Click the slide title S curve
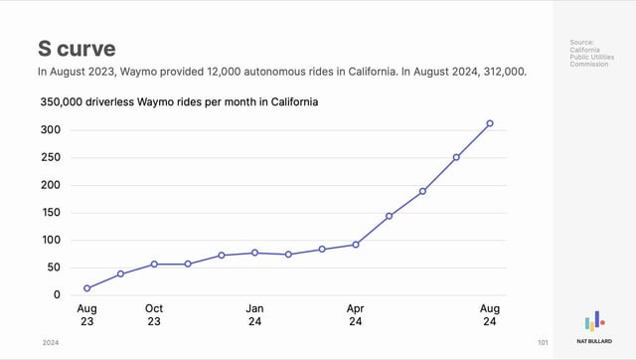(x=77, y=49)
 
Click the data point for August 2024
(x=490, y=123)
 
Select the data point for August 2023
(x=87, y=288)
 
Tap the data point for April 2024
(x=356, y=245)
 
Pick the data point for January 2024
(x=254, y=253)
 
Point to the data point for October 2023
(x=154, y=265)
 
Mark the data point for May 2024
(x=389, y=216)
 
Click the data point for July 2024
(x=456, y=157)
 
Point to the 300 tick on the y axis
(x=51, y=130)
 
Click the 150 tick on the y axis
(x=51, y=213)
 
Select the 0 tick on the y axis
(x=57, y=295)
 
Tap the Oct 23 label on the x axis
(x=154, y=315)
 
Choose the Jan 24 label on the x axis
(x=254, y=315)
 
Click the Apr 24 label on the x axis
(x=356, y=315)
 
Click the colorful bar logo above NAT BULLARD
(x=594, y=320)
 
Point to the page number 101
(x=543, y=342)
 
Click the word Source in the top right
(x=581, y=42)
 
